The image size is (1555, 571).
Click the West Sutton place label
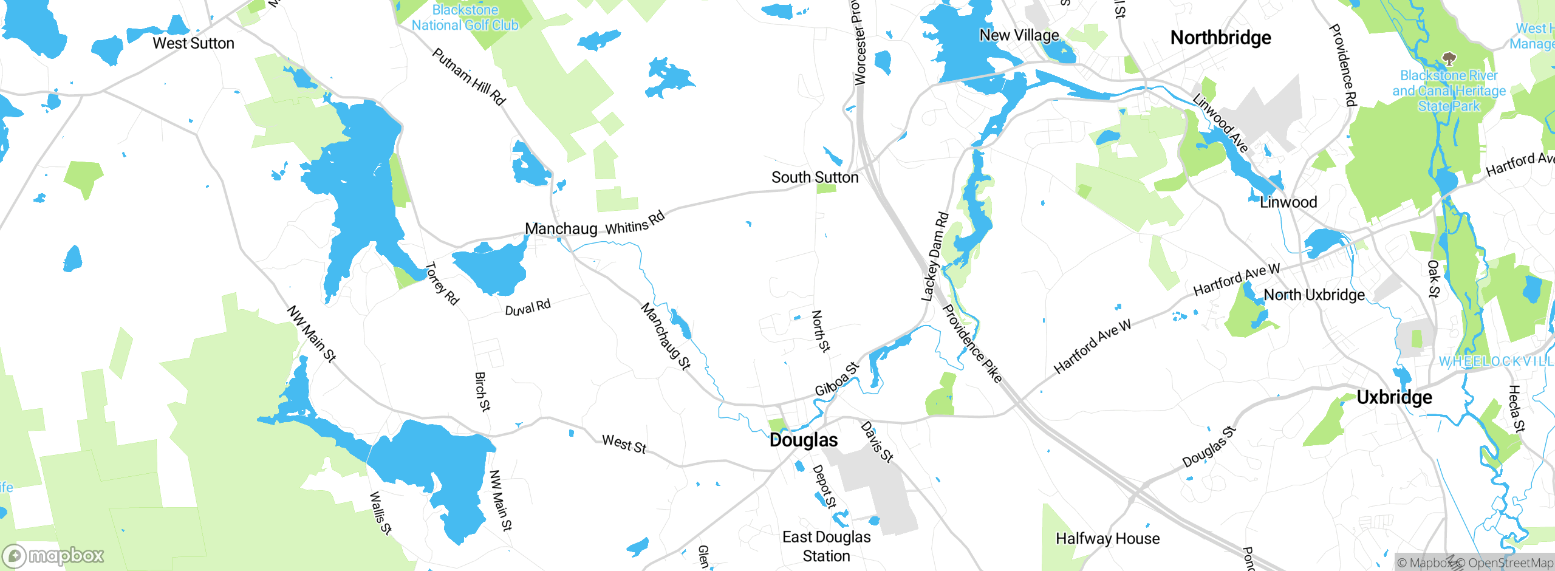pos(193,44)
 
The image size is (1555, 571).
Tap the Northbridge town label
pos(1220,38)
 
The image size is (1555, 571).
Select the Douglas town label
pos(803,440)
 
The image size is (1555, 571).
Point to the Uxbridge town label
pos(1394,397)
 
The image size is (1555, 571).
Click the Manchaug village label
pos(561,229)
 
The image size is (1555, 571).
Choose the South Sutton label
pos(815,177)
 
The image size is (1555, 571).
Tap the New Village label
pos(1019,35)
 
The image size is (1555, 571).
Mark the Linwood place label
pos(1288,202)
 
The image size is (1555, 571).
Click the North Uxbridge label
pos(1314,295)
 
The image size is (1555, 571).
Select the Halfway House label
pos(1107,538)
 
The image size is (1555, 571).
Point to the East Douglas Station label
pos(826,546)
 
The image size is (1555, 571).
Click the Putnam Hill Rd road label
pos(469,77)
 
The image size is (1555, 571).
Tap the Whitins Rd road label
pos(635,223)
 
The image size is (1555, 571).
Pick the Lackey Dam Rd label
pos(935,256)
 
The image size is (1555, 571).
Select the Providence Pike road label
pos(971,343)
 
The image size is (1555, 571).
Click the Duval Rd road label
pos(528,307)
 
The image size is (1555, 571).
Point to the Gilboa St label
pos(837,379)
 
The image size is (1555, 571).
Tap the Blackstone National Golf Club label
pos(465,18)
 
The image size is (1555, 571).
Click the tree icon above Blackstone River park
pos(1449,59)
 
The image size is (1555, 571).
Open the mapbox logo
pos(53,555)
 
